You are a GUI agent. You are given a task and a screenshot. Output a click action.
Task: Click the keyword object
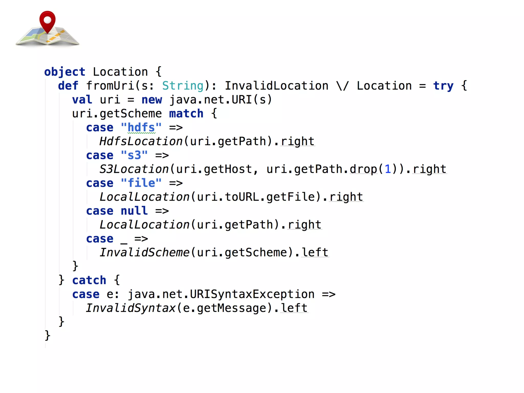[x=64, y=72]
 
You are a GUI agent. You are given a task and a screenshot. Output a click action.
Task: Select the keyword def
[x=68, y=86]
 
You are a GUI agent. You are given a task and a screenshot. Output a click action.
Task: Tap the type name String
[x=183, y=86]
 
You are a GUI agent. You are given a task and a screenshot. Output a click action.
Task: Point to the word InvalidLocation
[x=276, y=86]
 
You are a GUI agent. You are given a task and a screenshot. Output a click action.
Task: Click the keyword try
[x=443, y=86]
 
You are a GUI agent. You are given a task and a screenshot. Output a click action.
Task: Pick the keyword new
[x=151, y=100]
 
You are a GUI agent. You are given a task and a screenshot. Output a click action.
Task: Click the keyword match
[x=186, y=114]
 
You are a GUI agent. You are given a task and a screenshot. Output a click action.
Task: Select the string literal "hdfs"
[x=141, y=127]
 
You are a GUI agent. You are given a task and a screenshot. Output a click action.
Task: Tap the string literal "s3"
[x=134, y=155]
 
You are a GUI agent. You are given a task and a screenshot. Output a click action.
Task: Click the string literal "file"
[x=141, y=183]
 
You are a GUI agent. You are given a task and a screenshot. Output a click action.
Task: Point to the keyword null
[x=134, y=211]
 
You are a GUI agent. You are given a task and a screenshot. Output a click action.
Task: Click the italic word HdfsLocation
[x=141, y=141]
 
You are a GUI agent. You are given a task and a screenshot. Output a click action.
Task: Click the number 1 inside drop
[x=388, y=169]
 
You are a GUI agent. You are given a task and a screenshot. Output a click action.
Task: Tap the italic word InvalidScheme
[x=144, y=253]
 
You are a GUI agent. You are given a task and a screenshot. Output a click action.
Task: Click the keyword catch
[x=89, y=280]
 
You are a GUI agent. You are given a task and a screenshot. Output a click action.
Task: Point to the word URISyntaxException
[x=252, y=294]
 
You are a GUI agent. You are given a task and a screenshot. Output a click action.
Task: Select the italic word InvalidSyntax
[x=130, y=308]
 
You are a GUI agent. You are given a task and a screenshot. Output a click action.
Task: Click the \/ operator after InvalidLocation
[x=342, y=86]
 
